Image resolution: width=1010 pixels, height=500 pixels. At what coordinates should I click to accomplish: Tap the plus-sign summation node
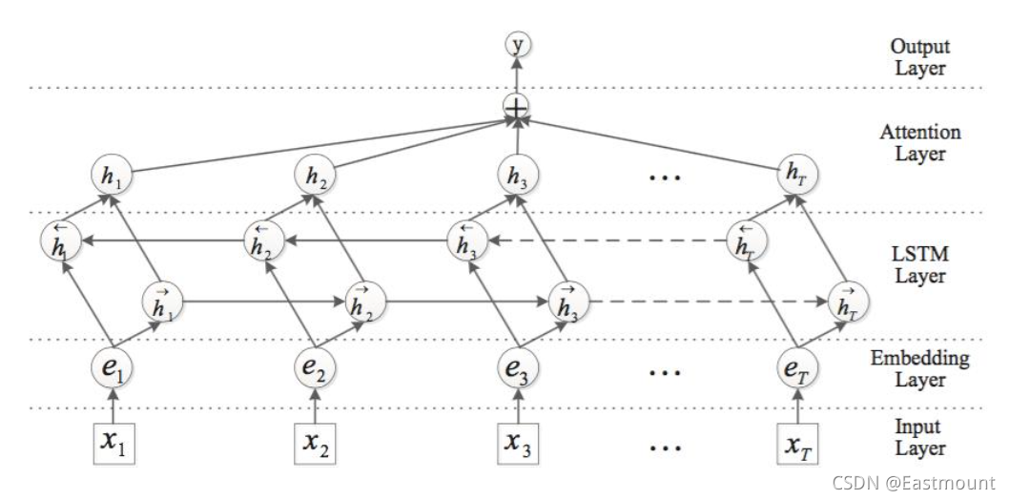pos(516,110)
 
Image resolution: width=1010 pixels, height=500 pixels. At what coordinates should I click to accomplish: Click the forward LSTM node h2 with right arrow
pos(361,301)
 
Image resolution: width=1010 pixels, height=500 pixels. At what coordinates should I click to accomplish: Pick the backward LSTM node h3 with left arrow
pos(465,240)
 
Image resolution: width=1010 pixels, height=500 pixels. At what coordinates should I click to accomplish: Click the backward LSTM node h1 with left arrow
pos(60,240)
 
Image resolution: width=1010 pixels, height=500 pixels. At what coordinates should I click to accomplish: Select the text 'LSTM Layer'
pos(918,265)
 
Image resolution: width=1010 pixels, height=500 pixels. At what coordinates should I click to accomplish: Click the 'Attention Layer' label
pos(919,143)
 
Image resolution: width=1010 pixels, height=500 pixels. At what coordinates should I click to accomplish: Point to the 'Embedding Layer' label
pos(919,369)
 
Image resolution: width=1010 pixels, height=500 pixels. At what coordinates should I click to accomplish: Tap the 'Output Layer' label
pos(918,56)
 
